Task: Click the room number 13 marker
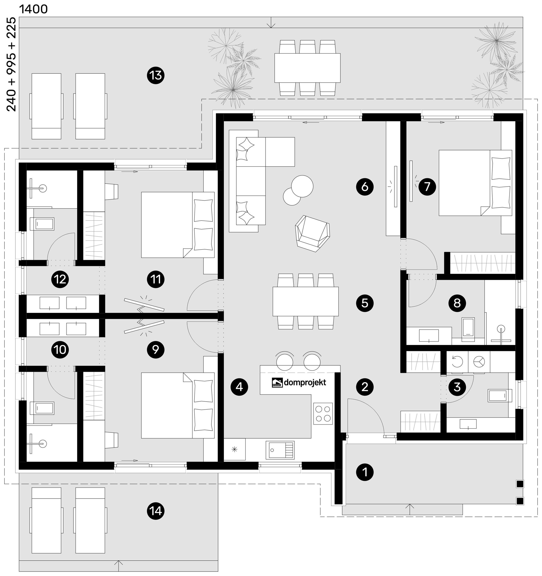tap(156, 75)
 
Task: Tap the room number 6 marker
tap(365, 187)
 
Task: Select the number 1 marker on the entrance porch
tap(365, 472)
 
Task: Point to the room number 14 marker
tap(156, 511)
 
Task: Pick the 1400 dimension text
tap(33, 9)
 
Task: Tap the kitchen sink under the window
tap(280, 450)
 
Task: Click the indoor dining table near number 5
tap(305, 301)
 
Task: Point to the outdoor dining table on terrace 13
tap(307, 68)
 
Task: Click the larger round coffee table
tap(302, 186)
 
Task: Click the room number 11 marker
tap(156, 279)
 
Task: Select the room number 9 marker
tap(156, 350)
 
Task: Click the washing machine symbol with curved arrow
tap(457, 361)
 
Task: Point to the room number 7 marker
tap(427, 186)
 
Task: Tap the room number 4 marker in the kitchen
tap(239, 387)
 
